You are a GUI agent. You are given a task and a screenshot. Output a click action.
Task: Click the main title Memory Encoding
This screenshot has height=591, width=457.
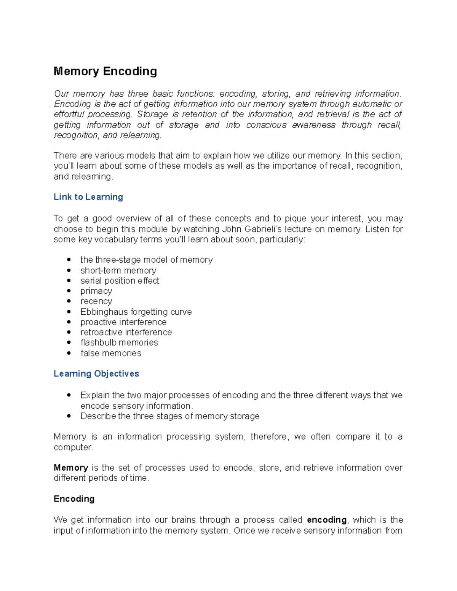(x=105, y=71)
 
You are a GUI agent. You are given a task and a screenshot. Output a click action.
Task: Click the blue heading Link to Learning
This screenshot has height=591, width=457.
(x=88, y=197)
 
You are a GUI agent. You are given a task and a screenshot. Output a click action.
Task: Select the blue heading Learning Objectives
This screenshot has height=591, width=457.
(x=96, y=374)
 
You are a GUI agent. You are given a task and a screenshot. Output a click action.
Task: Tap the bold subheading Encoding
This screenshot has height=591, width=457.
(x=74, y=499)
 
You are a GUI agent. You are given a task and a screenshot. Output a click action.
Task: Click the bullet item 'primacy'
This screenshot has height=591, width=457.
(x=96, y=291)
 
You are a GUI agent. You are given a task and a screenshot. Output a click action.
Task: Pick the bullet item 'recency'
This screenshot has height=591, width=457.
(x=96, y=301)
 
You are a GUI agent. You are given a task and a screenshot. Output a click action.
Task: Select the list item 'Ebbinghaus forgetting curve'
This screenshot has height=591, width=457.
(x=136, y=312)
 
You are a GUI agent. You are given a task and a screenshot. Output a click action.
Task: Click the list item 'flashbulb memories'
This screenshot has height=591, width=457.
(x=119, y=342)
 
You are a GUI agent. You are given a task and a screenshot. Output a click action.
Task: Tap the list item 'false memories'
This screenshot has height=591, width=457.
(x=110, y=353)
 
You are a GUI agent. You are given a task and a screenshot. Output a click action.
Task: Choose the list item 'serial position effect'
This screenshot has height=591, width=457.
(x=120, y=281)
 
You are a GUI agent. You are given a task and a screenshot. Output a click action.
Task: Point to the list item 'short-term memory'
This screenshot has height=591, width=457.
(x=118, y=271)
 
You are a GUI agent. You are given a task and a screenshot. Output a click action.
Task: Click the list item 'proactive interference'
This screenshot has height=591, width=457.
(x=123, y=322)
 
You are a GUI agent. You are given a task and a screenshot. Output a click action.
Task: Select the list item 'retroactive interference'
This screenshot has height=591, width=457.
(x=126, y=333)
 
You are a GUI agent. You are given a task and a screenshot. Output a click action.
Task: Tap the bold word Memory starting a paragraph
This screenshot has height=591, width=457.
(x=71, y=468)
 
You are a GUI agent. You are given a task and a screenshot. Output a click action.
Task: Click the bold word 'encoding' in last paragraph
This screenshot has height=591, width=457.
(x=327, y=520)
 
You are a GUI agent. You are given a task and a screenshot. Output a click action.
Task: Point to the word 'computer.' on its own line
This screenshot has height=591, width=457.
(x=73, y=447)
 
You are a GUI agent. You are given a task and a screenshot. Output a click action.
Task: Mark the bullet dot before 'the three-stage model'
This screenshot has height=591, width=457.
(x=69, y=260)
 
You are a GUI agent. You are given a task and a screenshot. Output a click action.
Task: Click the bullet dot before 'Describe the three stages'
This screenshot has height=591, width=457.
(x=69, y=416)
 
